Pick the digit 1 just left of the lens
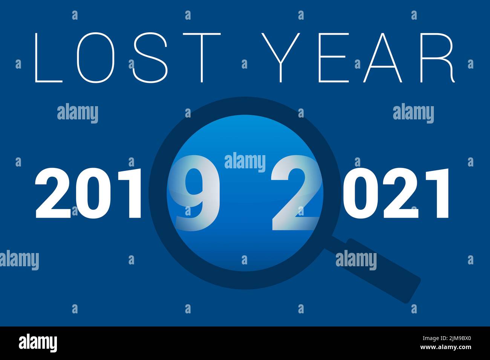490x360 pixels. click(x=130, y=194)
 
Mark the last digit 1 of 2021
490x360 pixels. click(x=437, y=194)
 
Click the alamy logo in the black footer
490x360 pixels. click(x=38, y=343)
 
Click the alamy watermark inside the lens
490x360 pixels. click(x=245, y=162)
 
